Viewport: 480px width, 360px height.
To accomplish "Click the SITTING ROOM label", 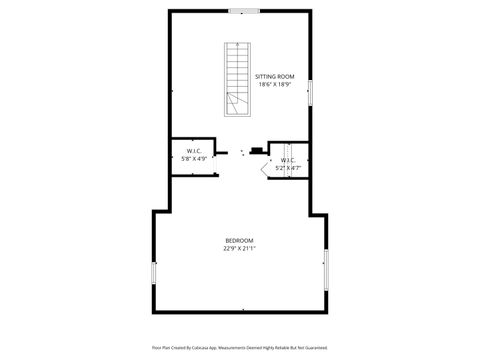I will pyautogui.click(x=274, y=77).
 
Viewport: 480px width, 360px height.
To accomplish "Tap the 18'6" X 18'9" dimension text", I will pyautogui.click(x=274, y=85).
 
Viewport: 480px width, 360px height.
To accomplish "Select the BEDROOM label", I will pyautogui.click(x=239, y=240).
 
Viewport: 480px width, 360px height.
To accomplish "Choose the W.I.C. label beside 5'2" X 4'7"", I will pyautogui.click(x=288, y=160).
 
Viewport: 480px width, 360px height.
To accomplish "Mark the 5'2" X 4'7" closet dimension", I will pyautogui.click(x=288, y=168).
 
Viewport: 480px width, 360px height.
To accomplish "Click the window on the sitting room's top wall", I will pyautogui.click(x=244, y=11).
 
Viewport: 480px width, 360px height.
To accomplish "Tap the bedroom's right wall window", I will pyautogui.click(x=326, y=270).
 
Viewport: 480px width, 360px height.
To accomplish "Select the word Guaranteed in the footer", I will pyautogui.click(x=316, y=347).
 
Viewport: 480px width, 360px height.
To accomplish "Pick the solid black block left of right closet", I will pyautogui.click(x=257, y=152).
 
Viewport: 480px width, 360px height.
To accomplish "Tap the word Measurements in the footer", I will pyautogui.click(x=243, y=347).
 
